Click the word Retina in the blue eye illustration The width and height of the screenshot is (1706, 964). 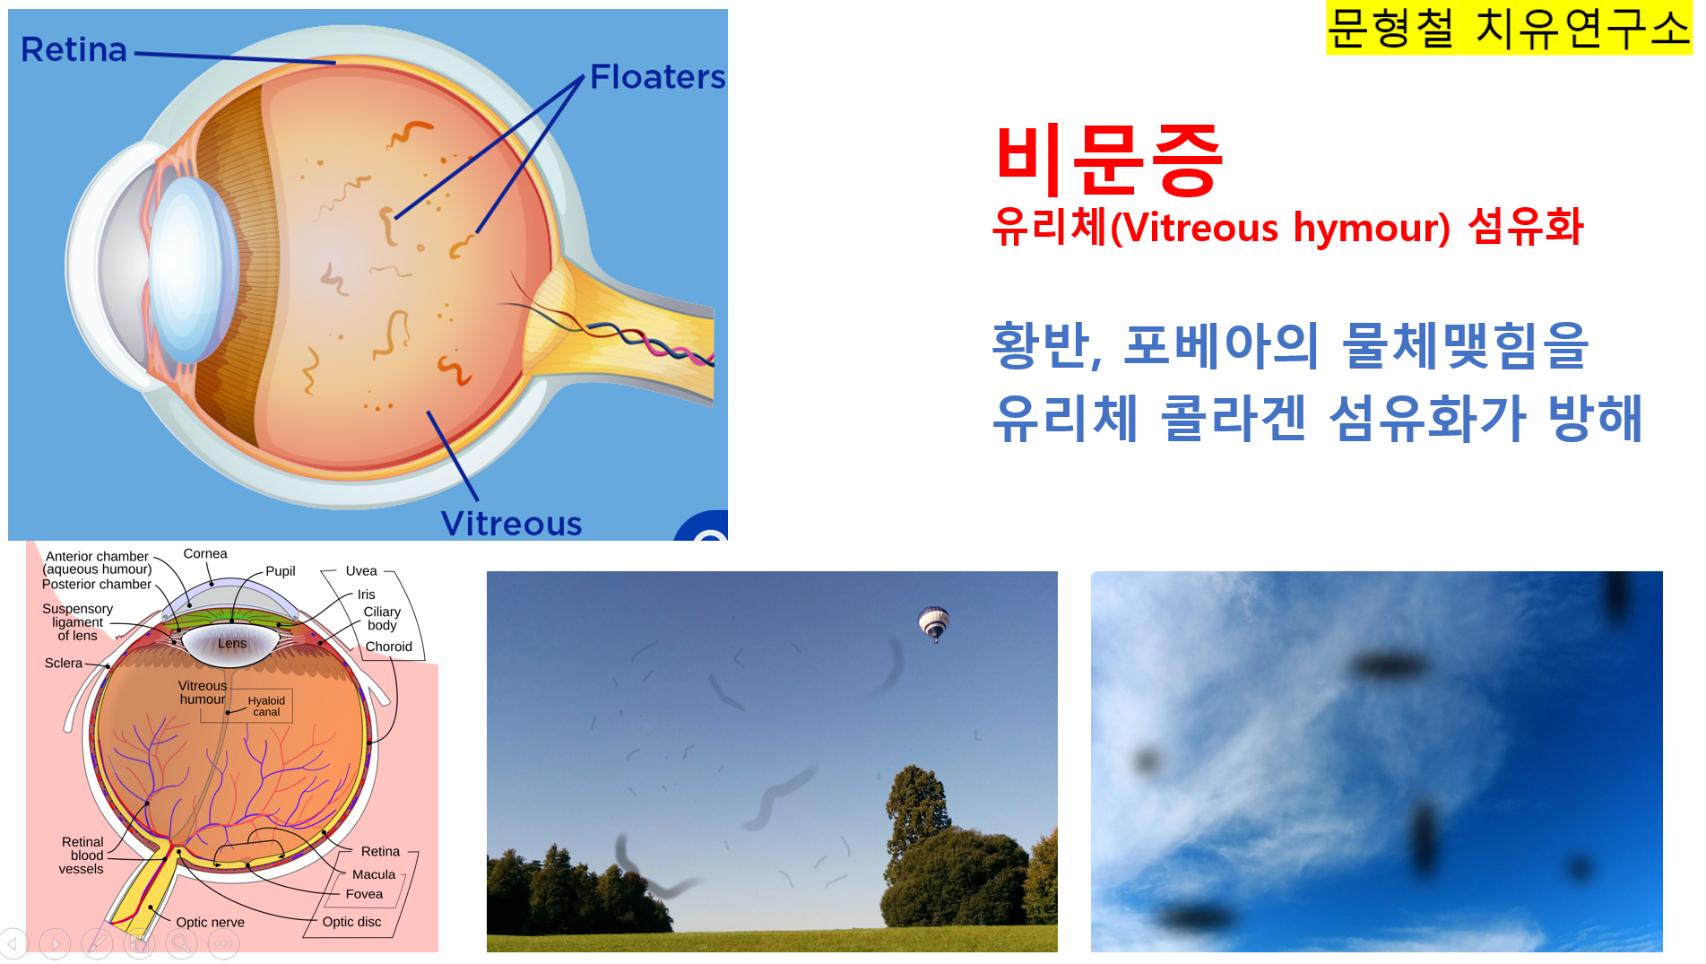(74, 49)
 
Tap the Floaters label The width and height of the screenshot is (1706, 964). (657, 77)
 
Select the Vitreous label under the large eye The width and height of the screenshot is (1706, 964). (511, 524)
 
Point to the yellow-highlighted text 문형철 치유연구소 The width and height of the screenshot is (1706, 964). (1508, 28)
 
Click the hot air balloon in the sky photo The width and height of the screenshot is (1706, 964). (933, 623)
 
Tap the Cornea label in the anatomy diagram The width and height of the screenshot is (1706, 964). (205, 553)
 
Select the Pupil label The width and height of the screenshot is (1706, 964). (280, 570)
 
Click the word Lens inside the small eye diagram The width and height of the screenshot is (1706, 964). (232, 643)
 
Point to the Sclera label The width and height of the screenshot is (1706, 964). (64, 663)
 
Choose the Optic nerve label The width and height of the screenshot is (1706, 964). (210, 922)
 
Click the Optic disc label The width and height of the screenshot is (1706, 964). (351, 921)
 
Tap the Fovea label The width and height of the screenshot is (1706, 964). (364, 893)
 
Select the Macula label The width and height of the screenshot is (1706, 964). (374, 873)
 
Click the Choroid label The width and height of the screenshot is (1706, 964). (388, 646)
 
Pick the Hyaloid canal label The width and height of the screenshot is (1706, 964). (266, 706)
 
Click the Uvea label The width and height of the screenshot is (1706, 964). (361, 570)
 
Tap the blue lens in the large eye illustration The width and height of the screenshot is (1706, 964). (190, 269)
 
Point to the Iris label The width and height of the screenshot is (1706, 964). (366, 594)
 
